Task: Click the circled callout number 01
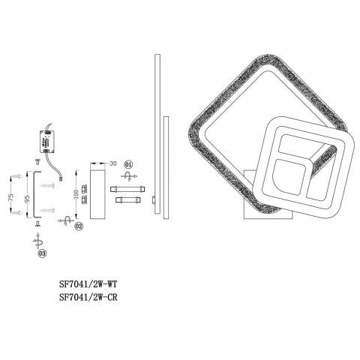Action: click(128, 164)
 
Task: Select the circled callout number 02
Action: click(79, 226)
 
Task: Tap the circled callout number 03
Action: click(42, 253)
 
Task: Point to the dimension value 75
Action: click(11, 197)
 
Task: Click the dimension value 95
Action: click(28, 199)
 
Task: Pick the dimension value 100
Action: click(76, 194)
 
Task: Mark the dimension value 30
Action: click(113, 163)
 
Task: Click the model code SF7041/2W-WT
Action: click(88, 284)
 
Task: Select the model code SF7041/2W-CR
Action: click(88, 297)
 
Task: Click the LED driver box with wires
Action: click(47, 142)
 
